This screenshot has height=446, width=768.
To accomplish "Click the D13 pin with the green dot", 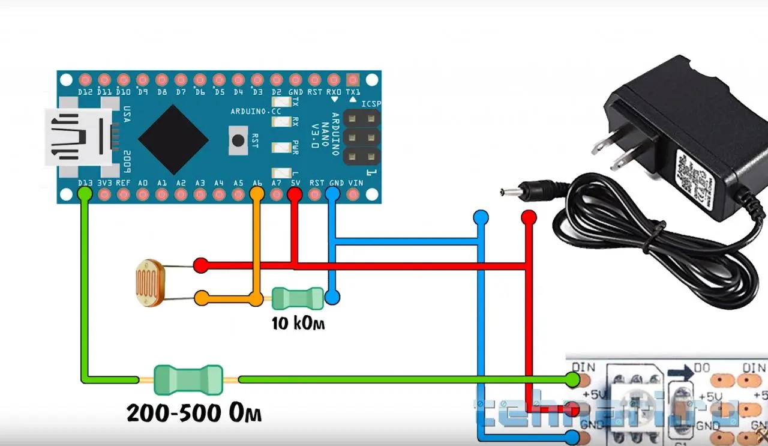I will (x=85, y=194).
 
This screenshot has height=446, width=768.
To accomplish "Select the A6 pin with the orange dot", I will (x=257, y=193).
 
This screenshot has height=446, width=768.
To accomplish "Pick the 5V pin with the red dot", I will (x=295, y=194).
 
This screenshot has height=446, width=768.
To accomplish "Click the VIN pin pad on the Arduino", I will (x=353, y=194).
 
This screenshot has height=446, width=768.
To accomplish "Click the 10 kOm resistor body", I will (x=298, y=297).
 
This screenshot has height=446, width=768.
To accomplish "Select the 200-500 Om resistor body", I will (x=188, y=379).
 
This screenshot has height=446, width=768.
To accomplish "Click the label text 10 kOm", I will (x=298, y=324).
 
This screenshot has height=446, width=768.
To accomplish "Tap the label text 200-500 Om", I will (x=194, y=413).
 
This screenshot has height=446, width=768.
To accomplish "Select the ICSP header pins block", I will (x=361, y=137).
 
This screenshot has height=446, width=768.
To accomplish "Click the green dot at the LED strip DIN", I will (x=573, y=379).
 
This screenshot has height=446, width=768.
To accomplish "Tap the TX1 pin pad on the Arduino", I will (x=353, y=80).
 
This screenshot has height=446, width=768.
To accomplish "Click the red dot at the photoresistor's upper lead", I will (x=201, y=265).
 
